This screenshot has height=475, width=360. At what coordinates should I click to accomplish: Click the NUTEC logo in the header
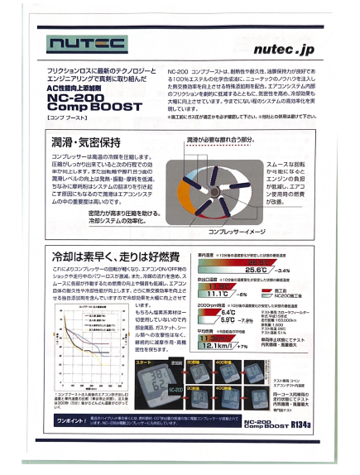(87, 42)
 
